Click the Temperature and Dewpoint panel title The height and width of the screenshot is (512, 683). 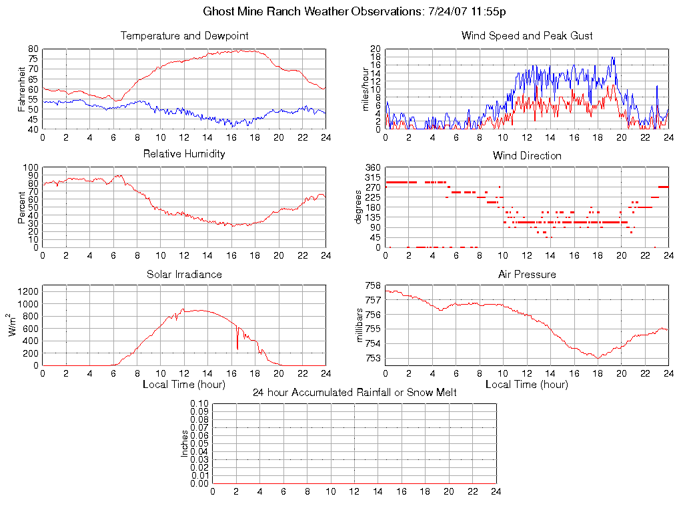pos(184,35)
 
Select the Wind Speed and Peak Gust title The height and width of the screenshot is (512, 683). pos(527,35)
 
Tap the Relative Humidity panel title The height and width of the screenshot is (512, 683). pos(184,154)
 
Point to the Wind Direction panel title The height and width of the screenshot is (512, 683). pos(527,155)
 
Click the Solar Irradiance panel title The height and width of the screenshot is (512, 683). pos(184,274)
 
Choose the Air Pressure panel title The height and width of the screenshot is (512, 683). pos(527,274)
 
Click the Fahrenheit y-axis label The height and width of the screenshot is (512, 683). pos(21,89)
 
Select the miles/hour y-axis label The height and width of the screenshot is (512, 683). pos(365,89)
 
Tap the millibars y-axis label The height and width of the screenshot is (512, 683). pos(361,325)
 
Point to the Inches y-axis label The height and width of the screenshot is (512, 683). pos(185,443)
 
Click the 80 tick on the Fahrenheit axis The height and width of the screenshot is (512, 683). pos(33,49)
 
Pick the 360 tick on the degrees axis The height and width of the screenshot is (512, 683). pos(372,168)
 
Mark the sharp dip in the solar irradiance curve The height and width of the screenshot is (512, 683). pos(237,348)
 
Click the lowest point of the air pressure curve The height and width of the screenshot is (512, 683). pos(598,358)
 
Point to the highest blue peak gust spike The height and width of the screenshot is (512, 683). pos(612,58)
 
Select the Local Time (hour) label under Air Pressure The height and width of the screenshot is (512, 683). pos(527,385)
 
